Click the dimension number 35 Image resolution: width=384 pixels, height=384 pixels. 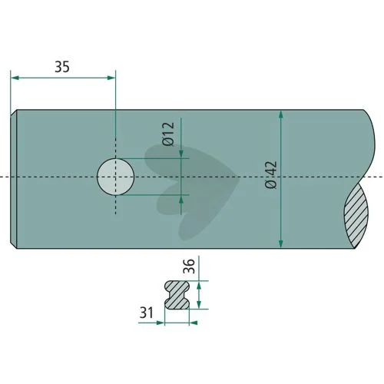[x=62, y=67]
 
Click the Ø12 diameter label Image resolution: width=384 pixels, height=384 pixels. [x=168, y=134]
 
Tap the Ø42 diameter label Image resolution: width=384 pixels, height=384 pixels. [x=271, y=175]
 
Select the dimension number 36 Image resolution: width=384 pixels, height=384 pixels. [x=189, y=266]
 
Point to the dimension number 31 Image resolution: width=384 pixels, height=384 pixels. [x=147, y=313]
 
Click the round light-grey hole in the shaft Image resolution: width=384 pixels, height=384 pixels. [x=116, y=177]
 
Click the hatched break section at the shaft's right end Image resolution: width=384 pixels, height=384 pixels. [x=356, y=215]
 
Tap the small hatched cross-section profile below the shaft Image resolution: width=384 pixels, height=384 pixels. [x=177, y=295]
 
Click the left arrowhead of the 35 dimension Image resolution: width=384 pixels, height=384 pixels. [x=15, y=78]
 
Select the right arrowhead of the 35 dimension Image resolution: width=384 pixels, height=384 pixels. [x=111, y=78]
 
